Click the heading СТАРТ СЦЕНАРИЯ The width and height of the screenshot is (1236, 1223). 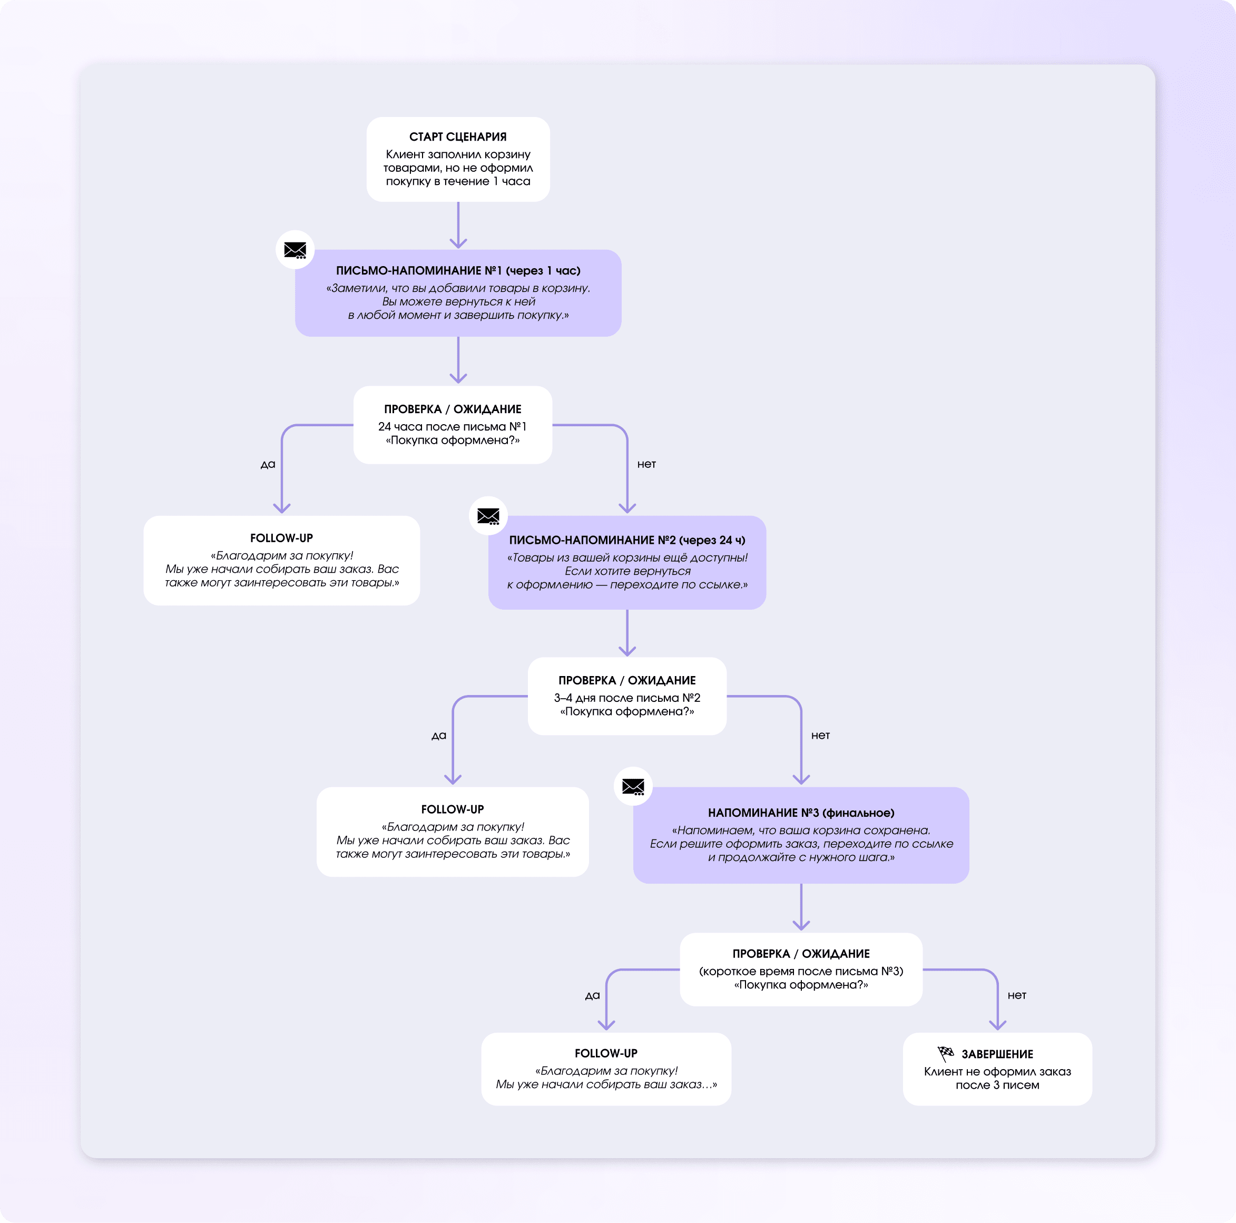[x=457, y=137]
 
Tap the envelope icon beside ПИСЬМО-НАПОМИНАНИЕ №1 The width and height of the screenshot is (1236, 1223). [x=295, y=250]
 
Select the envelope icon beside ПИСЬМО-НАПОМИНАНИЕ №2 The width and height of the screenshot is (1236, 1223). [x=488, y=516]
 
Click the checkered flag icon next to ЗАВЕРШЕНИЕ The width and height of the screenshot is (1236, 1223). [x=945, y=1053]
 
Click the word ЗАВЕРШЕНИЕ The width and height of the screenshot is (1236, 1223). [x=997, y=1054]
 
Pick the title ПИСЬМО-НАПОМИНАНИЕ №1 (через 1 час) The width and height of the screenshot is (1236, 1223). [x=458, y=271]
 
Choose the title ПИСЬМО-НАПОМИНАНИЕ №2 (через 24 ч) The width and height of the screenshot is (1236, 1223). [x=627, y=540]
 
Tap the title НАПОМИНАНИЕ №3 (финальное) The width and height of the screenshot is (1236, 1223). [x=801, y=813]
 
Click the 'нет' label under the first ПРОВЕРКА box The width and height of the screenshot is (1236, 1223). [x=646, y=464]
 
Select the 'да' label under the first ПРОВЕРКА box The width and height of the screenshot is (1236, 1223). [x=268, y=465]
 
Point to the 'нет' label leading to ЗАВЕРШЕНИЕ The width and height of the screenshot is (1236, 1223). [x=1017, y=995]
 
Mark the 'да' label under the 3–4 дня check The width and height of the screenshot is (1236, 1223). [x=439, y=736]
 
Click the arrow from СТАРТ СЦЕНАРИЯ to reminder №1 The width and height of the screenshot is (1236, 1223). [x=458, y=226]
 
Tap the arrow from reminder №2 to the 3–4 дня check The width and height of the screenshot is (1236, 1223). [x=627, y=633]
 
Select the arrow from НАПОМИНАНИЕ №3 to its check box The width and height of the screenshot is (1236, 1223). [x=801, y=907]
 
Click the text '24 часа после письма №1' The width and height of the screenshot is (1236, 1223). [x=452, y=426]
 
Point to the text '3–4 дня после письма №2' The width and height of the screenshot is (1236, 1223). [x=627, y=698]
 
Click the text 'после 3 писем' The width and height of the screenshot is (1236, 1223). [x=997, y=1085]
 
